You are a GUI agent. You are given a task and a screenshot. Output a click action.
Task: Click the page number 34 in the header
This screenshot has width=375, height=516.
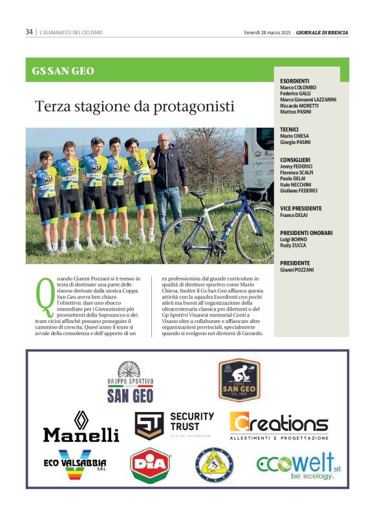(29, 32)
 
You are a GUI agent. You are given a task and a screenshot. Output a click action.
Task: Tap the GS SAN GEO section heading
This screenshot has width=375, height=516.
(63, 71)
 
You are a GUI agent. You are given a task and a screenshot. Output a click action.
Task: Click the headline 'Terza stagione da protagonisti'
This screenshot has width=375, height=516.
(134, 106)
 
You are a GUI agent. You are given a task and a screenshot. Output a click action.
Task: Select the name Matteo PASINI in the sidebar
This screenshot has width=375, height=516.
(297, 112)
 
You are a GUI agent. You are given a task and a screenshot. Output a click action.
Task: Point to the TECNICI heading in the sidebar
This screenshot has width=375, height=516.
(290, 129)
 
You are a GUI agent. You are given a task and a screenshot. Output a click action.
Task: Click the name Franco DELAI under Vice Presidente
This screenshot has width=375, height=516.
(295, 215)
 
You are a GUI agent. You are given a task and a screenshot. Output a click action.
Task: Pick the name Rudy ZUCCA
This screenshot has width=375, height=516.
(294, 245)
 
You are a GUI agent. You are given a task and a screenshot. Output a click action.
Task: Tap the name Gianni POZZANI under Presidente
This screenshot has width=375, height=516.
(297, 269)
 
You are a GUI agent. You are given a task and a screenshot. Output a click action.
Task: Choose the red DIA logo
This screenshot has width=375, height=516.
(151, 465)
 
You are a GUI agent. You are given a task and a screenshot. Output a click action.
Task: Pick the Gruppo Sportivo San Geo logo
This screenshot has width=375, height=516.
(130, 382)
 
